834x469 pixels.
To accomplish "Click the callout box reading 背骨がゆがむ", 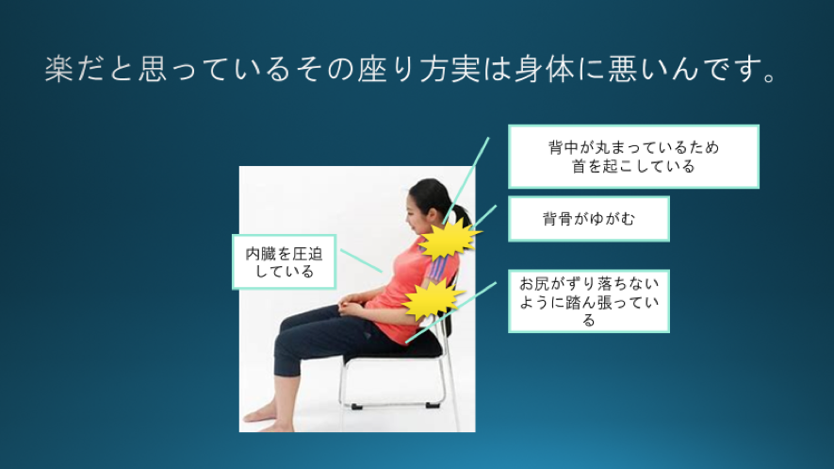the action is click(588, 219).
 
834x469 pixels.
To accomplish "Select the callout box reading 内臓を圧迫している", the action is click(284, 262).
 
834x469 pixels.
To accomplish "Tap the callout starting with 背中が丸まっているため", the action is click(633, 157).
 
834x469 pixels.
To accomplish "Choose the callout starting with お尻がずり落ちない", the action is click(588, 301).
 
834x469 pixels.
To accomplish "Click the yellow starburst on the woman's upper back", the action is click(448, 239).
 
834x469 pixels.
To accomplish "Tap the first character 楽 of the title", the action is click(59, 69).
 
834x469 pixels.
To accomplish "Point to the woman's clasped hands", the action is click(351, 306).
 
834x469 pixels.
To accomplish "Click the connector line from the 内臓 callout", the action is click(361, 260).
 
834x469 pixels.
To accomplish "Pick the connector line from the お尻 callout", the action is click(451, 312).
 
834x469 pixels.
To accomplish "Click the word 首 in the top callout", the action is click(579, 167).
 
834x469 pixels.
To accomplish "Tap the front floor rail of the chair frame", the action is click(395, 406).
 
